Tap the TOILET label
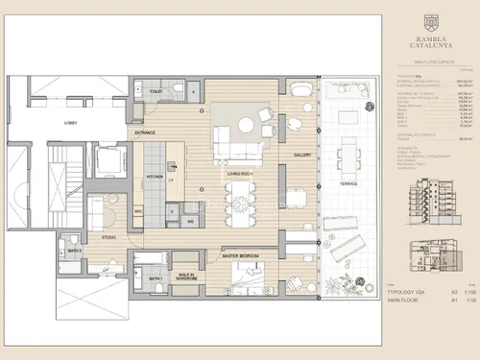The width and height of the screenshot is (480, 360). pos(156,91)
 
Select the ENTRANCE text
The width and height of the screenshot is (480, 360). pos(145,132)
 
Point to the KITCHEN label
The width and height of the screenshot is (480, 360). pos(153,177)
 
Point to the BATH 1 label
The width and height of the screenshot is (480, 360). pos(155,279)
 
